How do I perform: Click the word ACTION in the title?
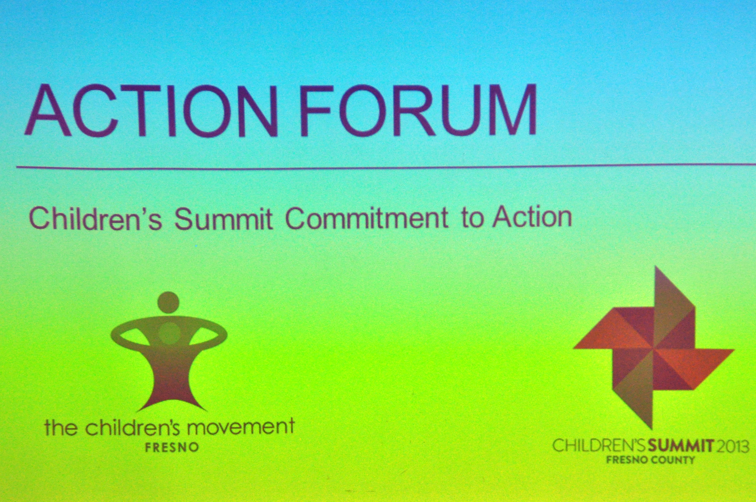tap(151, 111)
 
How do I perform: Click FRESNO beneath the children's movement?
tap(172, 447)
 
